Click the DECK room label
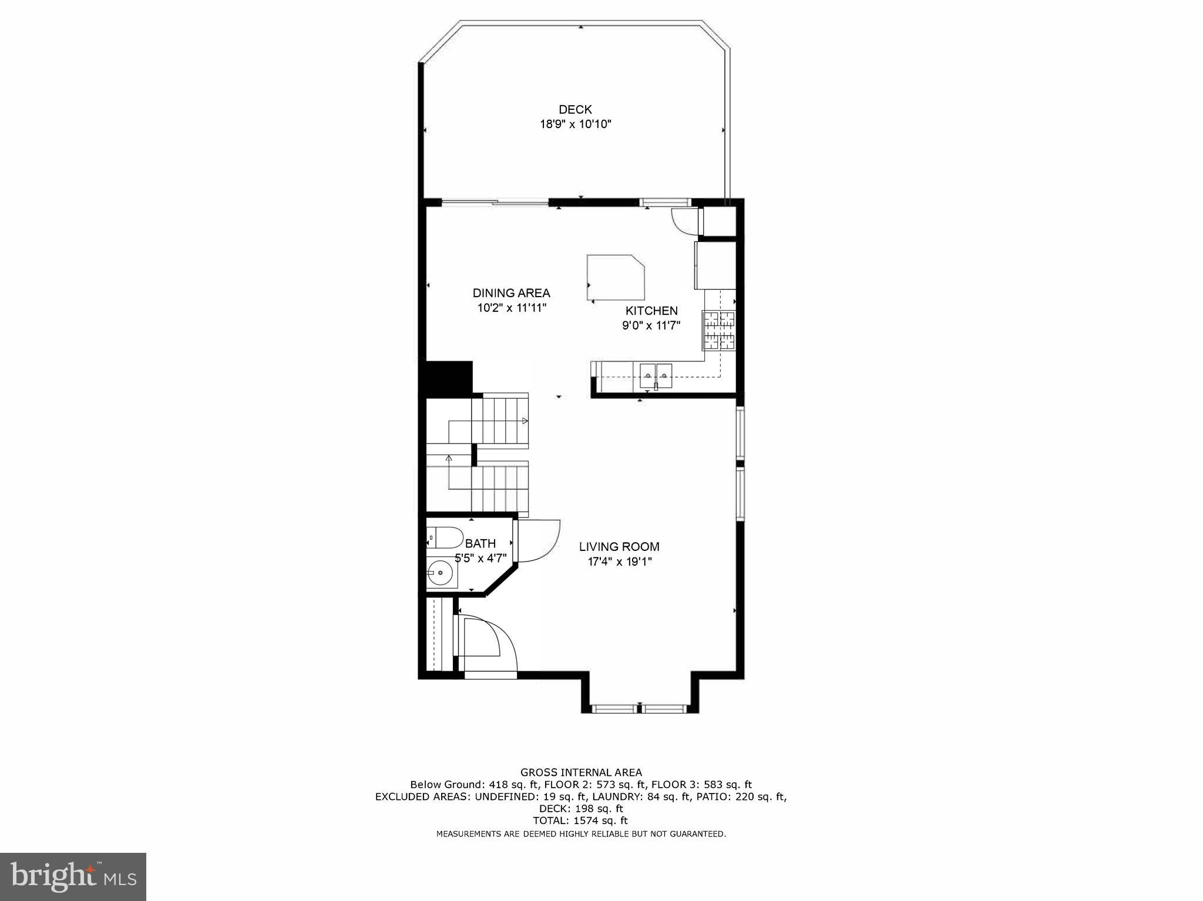(x=575, y=109)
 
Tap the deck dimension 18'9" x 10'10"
(x=576, y=125)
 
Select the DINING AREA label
(x=511, y=293)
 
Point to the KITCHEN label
(x=651, y=311)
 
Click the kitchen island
(x=615, y=277)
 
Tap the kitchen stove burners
(x=719, y=330)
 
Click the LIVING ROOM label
(x=619, y=546)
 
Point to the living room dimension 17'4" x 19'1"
(x=620, y=562)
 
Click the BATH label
(x=480, y=543)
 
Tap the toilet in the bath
(x=442, y=537)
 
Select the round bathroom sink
(x=440, y=572)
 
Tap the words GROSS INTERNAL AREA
(x=581, y=772)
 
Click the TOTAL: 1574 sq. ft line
(x=580, y=821)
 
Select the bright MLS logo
(x=73, y=876)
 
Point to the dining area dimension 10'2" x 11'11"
(x=512, y=308)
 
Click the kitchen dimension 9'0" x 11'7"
(x=651, y=326)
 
